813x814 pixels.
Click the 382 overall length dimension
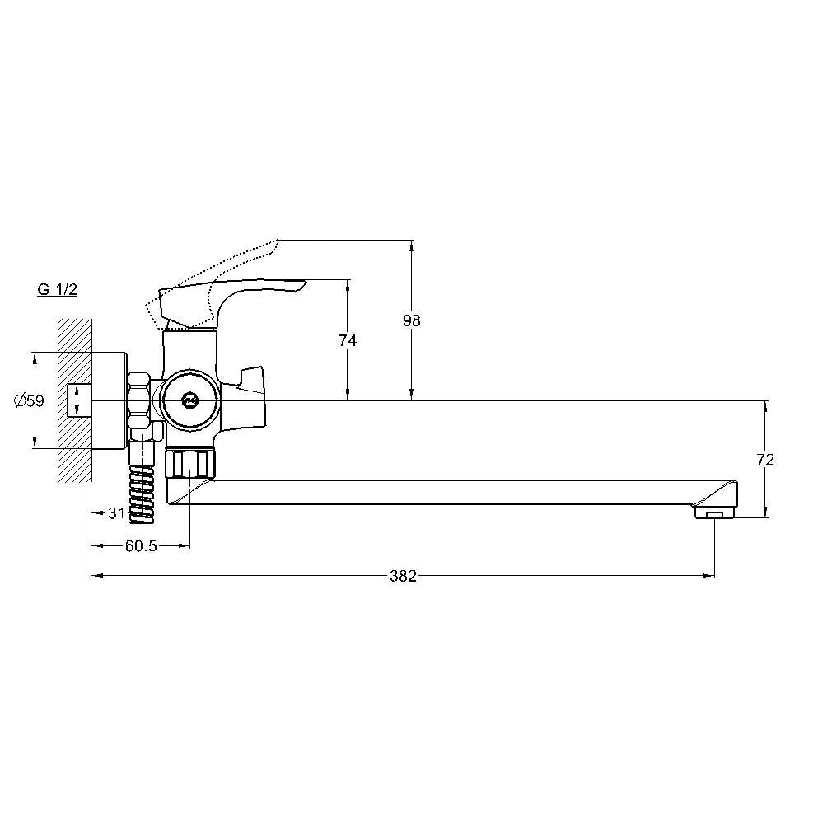click(403, 576)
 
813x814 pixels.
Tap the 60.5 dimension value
click(141, 546)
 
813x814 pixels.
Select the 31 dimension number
click(116, 513)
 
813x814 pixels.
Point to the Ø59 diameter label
click(29, 400)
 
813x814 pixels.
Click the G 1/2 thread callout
click(57, 289)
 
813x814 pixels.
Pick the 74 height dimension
click(348, 340)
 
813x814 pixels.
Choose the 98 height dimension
click(412, 320)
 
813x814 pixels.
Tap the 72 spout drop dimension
click(765, 460)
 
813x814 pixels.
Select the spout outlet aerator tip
click(714, 512)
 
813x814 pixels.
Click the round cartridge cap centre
click(190, 400)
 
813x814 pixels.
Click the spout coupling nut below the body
click(190, 464)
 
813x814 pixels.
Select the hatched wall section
click(75, 400)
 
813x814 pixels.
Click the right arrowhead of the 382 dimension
click(708, 576)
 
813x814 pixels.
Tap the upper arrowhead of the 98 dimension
click(412, 246)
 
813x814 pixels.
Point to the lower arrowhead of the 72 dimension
click(765, 512)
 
